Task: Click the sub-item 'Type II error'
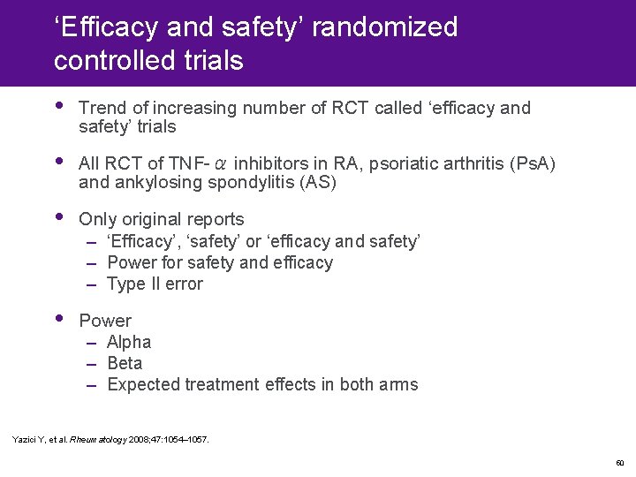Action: [x=155, y=284]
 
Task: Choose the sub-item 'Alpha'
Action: [x=129, y=342]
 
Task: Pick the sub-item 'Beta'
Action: [x=125, y=363]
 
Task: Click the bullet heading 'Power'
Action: [x=105, y=321]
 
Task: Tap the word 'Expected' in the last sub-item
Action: [x=144, y=384]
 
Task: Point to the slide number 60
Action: [x=619, y=462]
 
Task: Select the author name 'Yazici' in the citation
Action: [x=25, y=439]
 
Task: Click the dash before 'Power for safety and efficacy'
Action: [x=92, y=262]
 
